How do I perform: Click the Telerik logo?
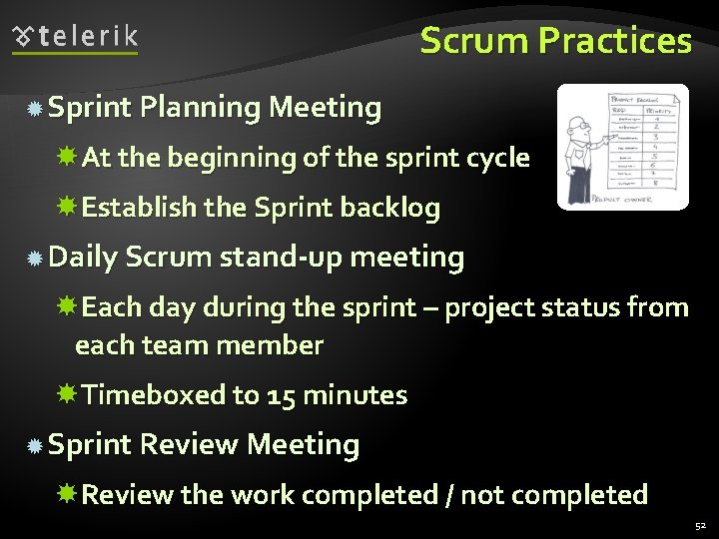[x=76, y=38]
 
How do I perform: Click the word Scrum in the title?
[x=474, y=41]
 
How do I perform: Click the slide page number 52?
[x=700, y=524]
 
